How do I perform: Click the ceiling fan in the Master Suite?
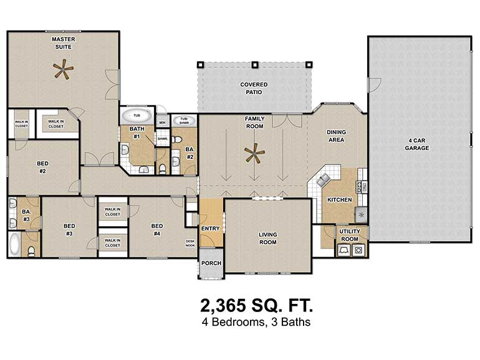point(63,69)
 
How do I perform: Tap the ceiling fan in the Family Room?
point(254,153)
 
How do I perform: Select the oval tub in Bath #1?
point(137,116)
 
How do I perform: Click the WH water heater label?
point(162,123)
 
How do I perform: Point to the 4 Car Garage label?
point(416,144)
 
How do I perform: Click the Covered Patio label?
point(254,88)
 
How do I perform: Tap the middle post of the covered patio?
point(255,65)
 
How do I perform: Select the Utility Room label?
point(350,235)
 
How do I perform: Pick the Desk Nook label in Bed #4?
point(190,243)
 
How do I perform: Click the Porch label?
point(211,263)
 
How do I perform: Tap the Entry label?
point(210,229)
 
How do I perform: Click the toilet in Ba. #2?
point(177,140)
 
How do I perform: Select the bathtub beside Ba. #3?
point(15,244)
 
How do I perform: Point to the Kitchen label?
point(340,200)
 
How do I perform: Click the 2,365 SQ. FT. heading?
point(257,306)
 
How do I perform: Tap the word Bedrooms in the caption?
point(238,322)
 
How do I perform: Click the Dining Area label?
point(336,136)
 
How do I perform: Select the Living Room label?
point(268,239)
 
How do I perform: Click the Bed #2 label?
point(42,168)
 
